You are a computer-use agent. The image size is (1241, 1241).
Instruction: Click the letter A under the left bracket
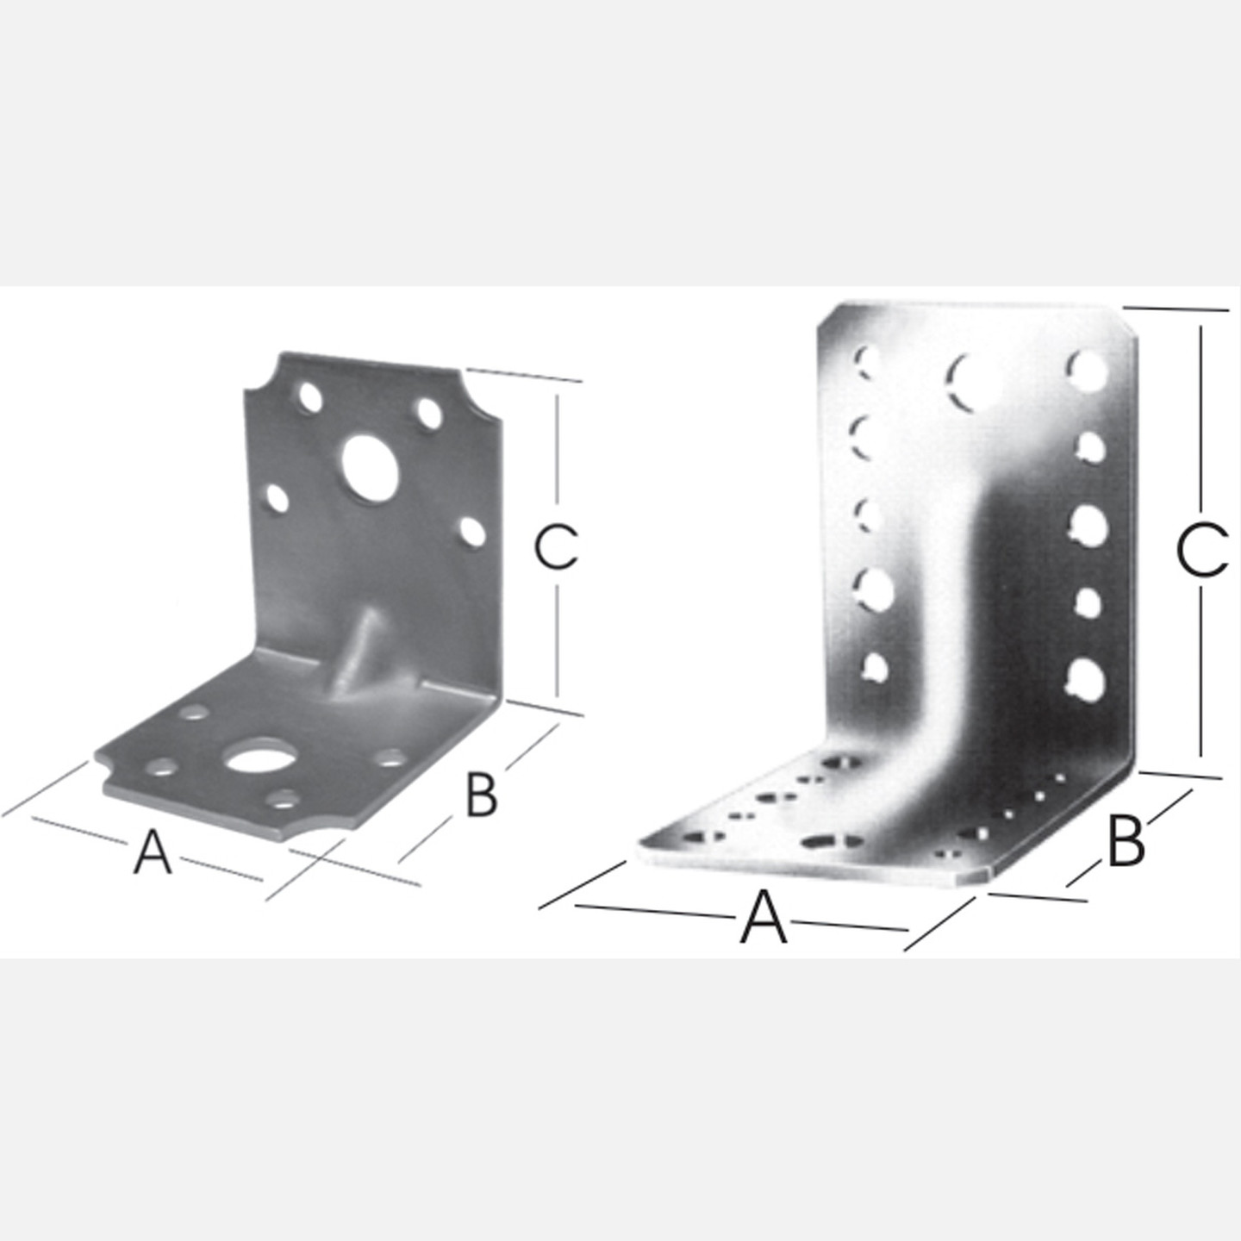click(153, 851)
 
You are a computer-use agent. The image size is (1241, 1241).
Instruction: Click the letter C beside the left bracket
click(555, 546)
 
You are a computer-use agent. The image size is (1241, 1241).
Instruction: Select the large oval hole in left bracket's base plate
click(256, 761)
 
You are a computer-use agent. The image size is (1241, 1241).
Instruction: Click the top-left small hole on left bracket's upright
click(311, 398)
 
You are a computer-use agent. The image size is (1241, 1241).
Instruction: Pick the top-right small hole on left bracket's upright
click(429, 414)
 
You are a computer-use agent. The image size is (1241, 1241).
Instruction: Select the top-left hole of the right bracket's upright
click(867, 363)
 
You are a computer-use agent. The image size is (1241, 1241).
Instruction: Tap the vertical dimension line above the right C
click(1200, 422)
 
